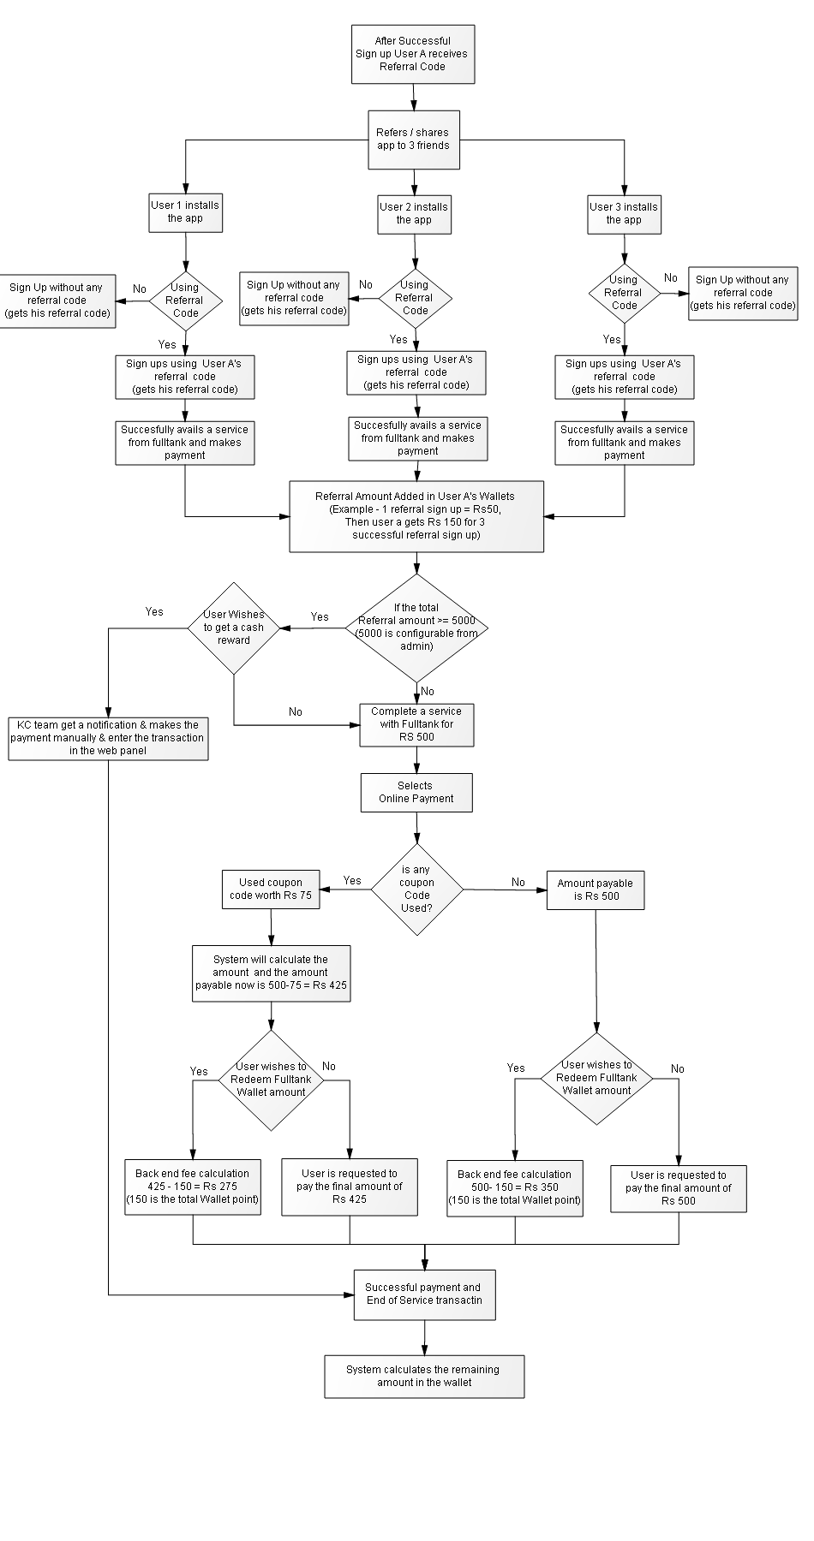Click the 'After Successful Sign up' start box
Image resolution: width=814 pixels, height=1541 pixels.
pyautogui.click(x=413, y=54)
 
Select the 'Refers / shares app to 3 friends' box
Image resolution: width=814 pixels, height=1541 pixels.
pyautogui.click(x=414, y=139)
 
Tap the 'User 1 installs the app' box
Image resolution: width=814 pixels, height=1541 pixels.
pyautogui.click(x=185, y=211)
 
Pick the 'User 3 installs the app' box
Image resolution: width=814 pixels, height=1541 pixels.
pyautogui.click(x=624, y=213)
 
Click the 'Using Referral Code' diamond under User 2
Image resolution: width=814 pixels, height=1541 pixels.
pyautogui.click(x=415, y=298)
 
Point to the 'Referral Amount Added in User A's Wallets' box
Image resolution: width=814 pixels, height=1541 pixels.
pyautogui.click(x=416, y=515)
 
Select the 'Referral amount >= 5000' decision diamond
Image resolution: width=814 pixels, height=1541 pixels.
pyautogui.click(x=416, y=628)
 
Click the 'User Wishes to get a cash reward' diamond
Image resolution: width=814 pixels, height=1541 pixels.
pyautogui.click(x=234, y=628)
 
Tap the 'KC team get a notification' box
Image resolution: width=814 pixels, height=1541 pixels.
pyautogui.click(x=109, y=738)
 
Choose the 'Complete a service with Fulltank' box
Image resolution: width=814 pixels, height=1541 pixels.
pyautogui.click(x=417, y=724)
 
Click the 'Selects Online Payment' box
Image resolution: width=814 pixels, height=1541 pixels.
pyautogui.click(x=416, y=793)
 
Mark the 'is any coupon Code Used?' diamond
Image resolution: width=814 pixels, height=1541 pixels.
pyautogui.click(x=417, y=889)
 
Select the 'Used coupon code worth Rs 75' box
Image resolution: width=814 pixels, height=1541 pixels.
pyautogui.click(x=271, y=889)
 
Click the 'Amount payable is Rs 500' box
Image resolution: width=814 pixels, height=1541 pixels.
pyautogui.click(x=596, y=889)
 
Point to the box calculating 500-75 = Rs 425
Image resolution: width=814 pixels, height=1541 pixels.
pyautogui.click(x=271, y=973)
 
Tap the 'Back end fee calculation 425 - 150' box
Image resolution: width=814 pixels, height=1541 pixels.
pyautogui.click(x=193, y=1187)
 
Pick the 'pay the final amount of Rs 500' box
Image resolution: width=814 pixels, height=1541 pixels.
pyautogui.click(x=679, y=1188)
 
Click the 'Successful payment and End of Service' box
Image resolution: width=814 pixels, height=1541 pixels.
pyautogui.click(x=424, y=1294)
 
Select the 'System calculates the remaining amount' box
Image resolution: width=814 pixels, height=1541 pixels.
pyautogui.click(x=424, y=1376)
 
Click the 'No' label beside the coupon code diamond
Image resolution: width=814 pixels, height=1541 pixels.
pyautogui.click(x=518, y=882)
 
